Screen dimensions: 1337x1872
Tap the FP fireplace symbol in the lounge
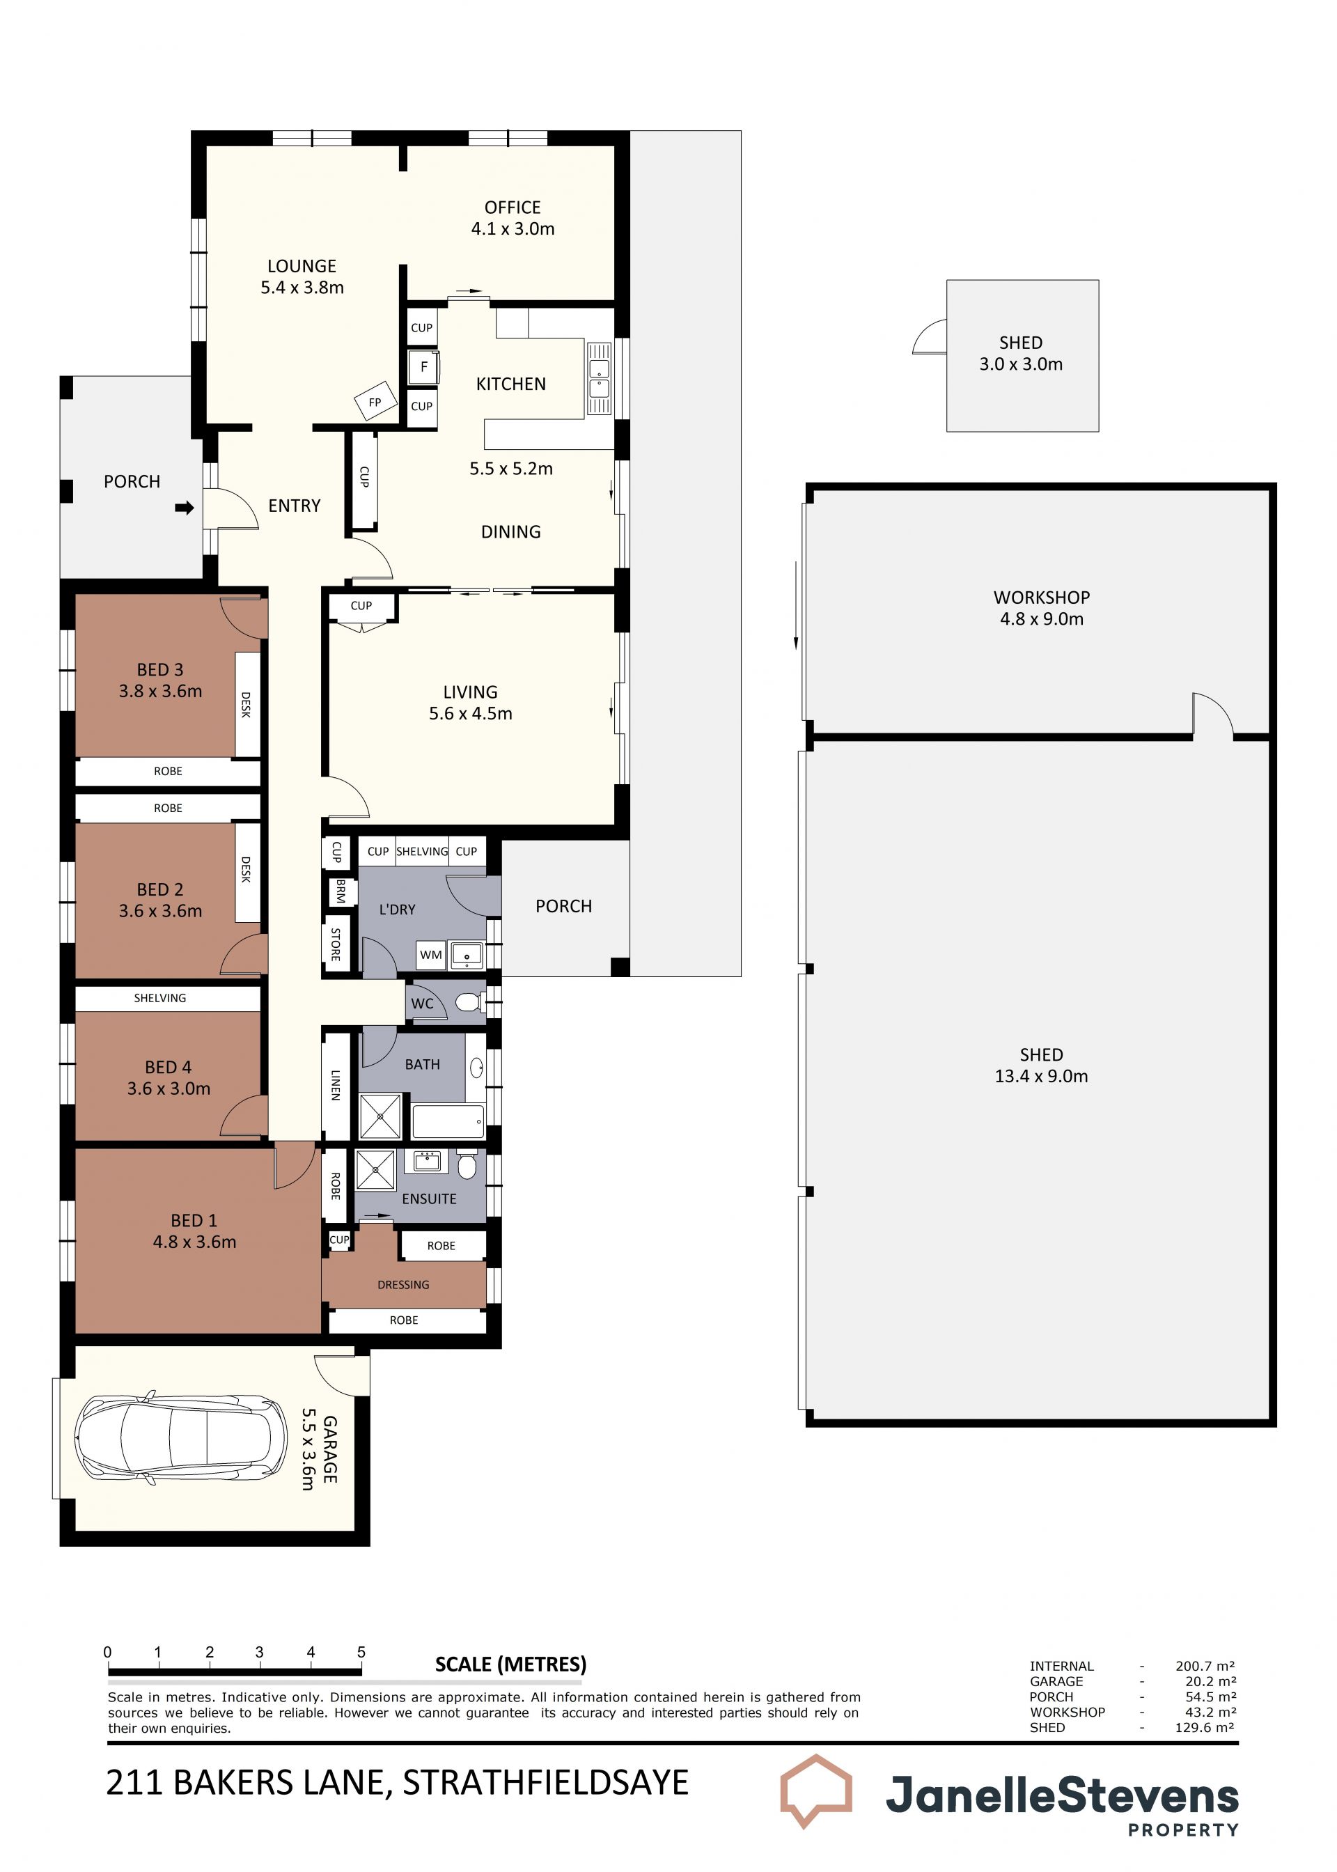pyautogui.click(x=375, y=402)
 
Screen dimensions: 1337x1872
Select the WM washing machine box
pyautogui.click(x=430, y=955)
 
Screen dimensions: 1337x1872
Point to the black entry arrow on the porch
pyautogui.click(x=185, y=508)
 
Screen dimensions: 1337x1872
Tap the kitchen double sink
pyautogui.click(x=599, y=379)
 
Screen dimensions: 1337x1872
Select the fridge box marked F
pyautogui.click(x=423, y=367)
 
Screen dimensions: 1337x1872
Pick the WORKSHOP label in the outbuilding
pyautogui.click(x=1042, y=598)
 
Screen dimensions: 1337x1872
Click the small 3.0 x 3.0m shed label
pyautogui.click(x=1021, y=364)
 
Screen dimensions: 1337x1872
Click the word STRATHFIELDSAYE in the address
pyautogui.click(x=545, y=1783)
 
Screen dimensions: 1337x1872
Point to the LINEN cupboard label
pyautogui.click(x=335, y=1085)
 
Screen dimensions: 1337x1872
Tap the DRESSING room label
pyautogui.click(x=403, y=1284)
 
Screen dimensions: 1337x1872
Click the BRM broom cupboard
pyautogui.click(x=340, y=891)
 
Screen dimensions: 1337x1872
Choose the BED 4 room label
pyautogui.click(x=168, y=1067)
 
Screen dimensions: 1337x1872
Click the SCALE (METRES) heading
pyautogui.click(x=510, y=1664)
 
